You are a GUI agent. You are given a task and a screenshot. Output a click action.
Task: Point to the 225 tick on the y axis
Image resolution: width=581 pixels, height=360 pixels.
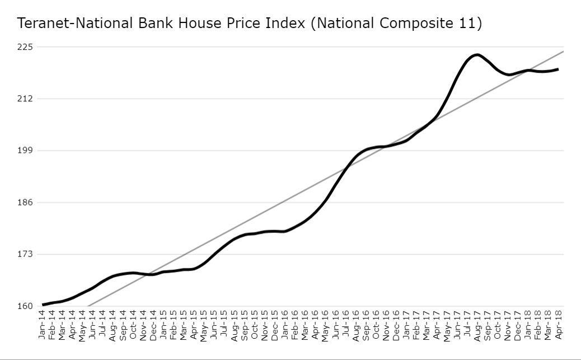25,47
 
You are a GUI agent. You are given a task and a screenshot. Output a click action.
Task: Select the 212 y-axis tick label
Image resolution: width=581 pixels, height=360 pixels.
25,99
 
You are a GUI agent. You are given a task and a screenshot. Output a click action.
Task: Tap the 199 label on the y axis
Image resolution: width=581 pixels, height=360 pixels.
25,151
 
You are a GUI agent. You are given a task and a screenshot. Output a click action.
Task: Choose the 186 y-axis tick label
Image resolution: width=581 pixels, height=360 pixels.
25,202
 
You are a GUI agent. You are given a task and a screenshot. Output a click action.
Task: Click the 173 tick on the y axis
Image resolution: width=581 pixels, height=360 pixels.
25,254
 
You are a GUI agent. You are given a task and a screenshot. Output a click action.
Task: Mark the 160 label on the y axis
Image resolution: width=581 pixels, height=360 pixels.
25,306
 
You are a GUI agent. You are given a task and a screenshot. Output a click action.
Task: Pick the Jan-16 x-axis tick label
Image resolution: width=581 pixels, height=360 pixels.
285,326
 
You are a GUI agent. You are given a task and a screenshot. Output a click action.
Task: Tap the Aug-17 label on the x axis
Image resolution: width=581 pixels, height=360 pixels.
477,326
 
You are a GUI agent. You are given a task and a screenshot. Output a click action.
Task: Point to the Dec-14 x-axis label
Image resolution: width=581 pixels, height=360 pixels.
153,326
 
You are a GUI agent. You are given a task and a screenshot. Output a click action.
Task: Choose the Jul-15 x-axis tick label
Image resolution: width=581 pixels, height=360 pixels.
224,326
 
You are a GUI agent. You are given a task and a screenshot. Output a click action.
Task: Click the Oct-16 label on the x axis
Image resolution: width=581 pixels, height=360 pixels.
376,326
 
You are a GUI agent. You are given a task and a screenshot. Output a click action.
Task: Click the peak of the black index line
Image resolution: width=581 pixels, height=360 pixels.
476,54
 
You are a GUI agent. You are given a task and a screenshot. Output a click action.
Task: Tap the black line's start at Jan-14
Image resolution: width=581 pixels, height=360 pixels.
43,305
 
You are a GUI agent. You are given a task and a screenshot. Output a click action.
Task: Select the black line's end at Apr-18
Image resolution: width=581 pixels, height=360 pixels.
558,69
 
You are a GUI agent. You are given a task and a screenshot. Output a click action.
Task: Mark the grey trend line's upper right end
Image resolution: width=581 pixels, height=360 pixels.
563,52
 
